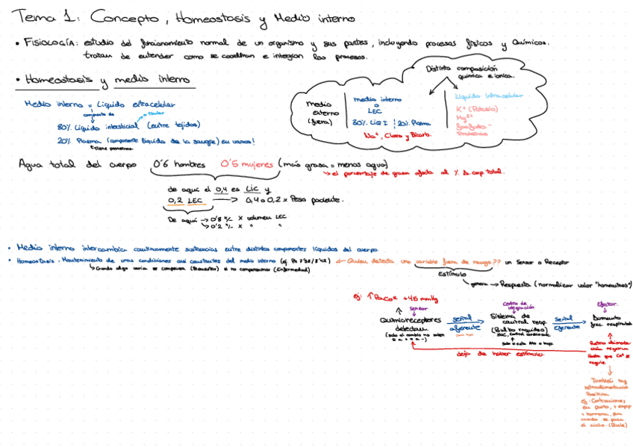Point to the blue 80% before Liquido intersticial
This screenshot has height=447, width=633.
(x=63, y=127)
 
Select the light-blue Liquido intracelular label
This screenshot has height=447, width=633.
(x=489, y=96)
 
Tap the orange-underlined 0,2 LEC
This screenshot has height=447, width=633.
(x=185, y=200)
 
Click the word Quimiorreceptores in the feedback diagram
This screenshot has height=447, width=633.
(x=407, y=319)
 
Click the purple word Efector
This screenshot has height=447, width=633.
(x=607, y=304)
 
